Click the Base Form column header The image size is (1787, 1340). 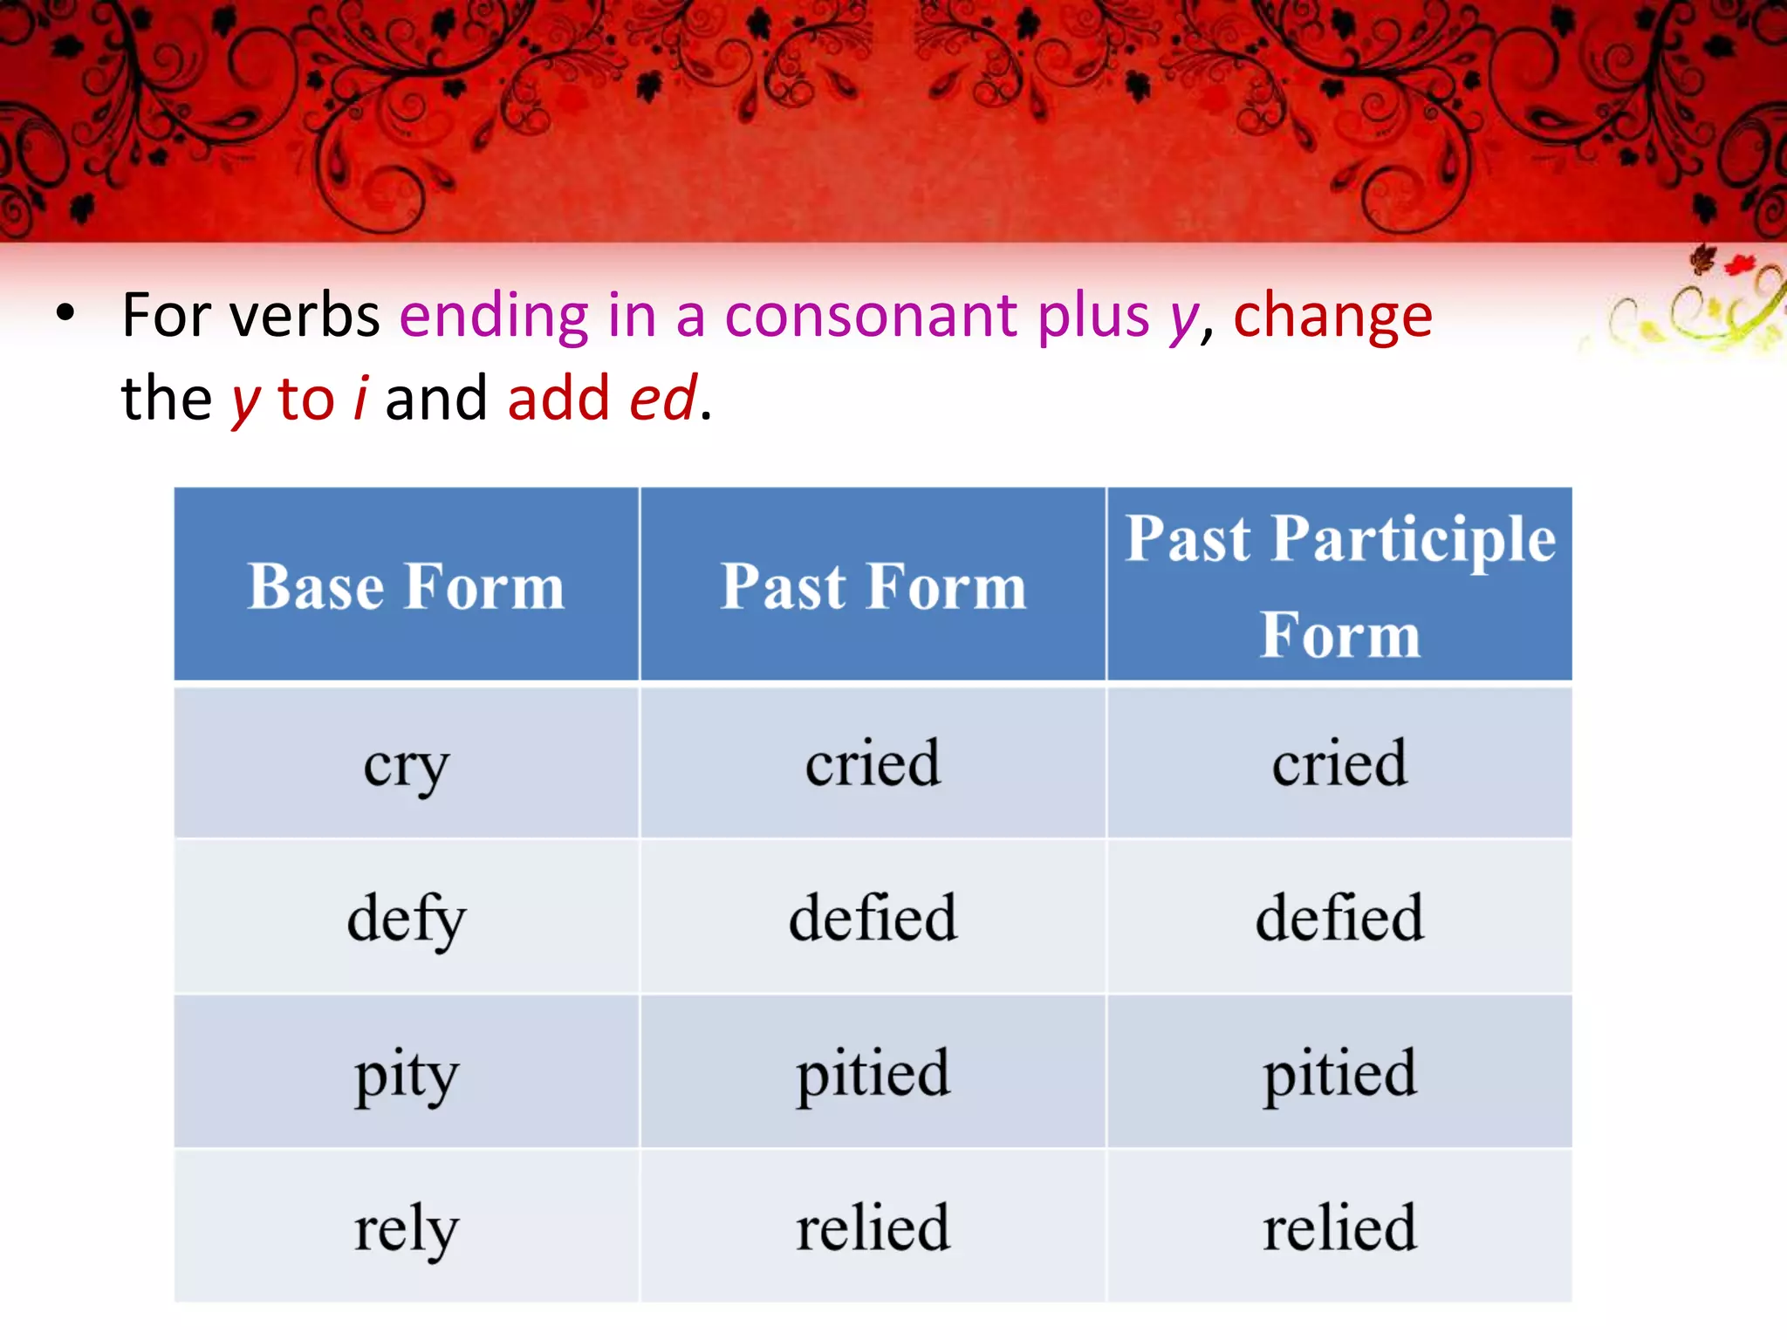406,586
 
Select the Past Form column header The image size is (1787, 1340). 873,586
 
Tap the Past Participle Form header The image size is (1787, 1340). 1339,585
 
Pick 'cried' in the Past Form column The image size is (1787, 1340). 873,763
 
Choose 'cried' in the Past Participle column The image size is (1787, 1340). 1339,763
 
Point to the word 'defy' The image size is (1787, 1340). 407,919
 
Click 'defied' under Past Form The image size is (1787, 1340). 873,918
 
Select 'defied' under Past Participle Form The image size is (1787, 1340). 1339,918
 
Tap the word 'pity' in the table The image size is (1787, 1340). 406,1074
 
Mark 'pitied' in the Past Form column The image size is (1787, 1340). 873,1073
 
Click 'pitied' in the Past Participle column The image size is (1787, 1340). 1339,1073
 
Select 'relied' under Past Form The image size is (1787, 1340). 873,1227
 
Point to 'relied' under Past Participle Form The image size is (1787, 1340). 1339,1227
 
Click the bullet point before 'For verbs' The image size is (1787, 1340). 65,313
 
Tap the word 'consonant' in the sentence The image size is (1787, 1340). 871,316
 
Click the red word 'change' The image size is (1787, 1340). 1332,316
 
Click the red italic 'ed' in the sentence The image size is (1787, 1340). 663,398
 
